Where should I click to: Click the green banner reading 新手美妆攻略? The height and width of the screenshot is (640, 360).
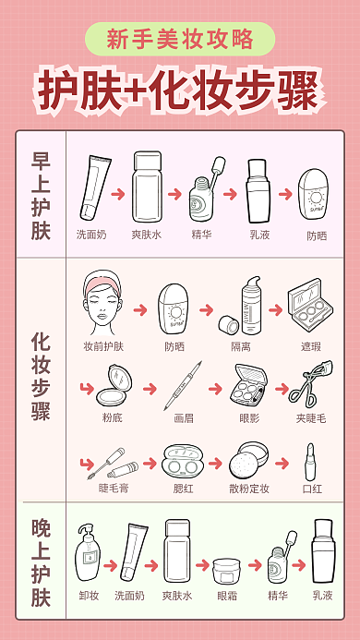click(180, 39)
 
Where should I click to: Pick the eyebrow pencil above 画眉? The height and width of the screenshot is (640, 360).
click(183, 385)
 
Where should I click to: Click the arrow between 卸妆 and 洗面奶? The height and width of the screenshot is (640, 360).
click(110, 563)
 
